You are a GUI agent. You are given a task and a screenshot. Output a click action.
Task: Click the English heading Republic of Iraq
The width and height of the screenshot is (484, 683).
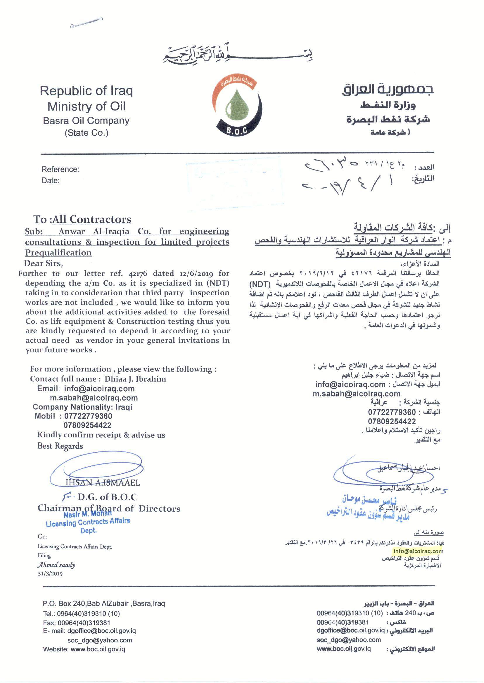click(86, 91)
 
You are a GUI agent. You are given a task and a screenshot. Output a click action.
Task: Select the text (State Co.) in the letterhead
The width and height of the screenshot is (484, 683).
click(87, 133)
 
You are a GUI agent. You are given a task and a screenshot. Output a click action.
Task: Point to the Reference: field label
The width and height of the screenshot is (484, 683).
click(60, 169)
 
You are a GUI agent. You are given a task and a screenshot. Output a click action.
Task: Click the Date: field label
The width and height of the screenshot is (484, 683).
click(50, 180)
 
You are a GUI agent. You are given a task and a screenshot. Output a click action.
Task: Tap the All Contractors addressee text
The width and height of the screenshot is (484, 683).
click(92, 219)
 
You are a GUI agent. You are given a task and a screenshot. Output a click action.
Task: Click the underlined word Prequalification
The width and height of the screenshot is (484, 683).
click(58, 253)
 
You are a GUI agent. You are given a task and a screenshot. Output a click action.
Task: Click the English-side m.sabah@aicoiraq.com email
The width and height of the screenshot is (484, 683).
click(94, 398)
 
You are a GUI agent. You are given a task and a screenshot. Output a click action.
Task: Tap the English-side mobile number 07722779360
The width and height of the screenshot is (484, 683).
click(88, 416)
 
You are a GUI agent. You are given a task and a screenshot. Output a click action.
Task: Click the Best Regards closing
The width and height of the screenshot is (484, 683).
click(60, 446)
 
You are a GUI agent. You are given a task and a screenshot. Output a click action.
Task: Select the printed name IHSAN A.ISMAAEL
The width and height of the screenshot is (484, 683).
click(103, 482)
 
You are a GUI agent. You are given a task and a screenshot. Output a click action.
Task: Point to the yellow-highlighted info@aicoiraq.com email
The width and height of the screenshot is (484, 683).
click(418, 551)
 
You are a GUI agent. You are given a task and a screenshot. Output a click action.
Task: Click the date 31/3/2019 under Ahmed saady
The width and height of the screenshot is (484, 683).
click(50, 574)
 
